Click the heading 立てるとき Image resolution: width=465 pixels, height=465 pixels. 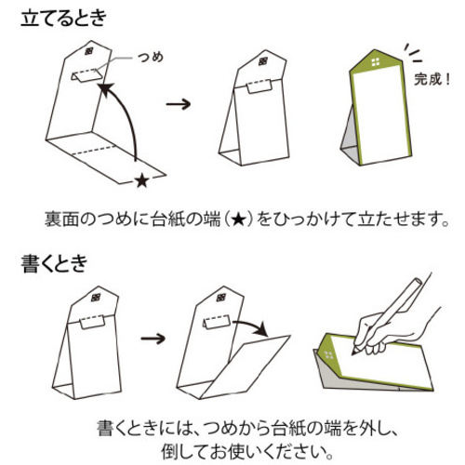coord(63,19)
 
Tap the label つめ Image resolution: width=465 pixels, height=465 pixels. coord(151,58)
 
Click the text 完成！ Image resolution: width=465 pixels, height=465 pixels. coord(432,79)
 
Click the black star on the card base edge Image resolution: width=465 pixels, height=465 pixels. coord(142,180)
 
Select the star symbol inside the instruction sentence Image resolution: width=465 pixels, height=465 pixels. coord(239,219)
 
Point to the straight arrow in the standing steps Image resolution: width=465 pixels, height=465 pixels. coord(179,104)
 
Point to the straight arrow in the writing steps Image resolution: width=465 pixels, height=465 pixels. coord(153,338)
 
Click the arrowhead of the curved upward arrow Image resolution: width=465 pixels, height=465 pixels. coord(105,88)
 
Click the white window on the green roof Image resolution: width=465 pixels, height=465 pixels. coord(376,61)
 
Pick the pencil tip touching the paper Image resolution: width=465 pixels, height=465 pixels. coord(353,352)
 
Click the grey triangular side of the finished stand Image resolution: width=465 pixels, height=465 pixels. coord(350,139)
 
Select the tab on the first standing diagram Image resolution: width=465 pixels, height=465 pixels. coord(86,76)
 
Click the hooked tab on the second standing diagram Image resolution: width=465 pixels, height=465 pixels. coord(259,86)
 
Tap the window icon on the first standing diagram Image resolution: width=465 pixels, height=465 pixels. coord(89,51)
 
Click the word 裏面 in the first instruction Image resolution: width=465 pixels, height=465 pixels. coord(61,219)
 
